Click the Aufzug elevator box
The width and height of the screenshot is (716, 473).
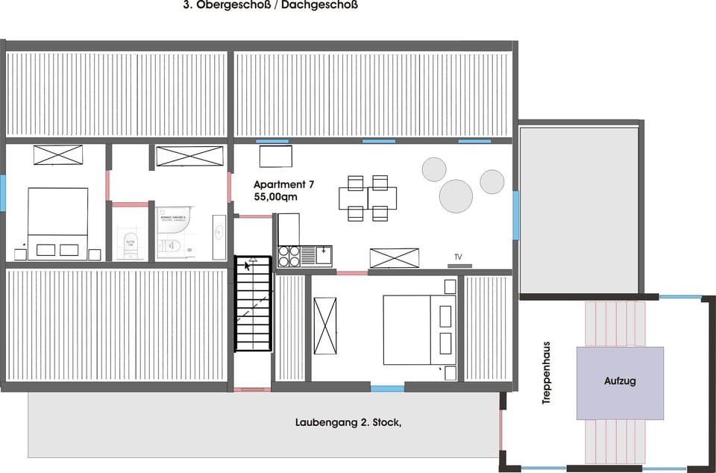coord(620,382)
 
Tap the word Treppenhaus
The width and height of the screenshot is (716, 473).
coord(547,373)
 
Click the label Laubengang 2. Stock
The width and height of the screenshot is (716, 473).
coord(348,423)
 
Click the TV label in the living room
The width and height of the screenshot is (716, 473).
coord(458,257)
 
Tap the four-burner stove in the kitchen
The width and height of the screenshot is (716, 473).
coord(288,256)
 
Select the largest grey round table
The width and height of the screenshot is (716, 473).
coord(456,196)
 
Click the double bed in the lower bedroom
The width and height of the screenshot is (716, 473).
coord(418,329)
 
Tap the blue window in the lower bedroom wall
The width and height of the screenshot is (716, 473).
coord(388,388)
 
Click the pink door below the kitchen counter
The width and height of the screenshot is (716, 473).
coord(352,273)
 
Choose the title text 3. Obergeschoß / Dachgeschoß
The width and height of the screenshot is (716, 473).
coord(270,5)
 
